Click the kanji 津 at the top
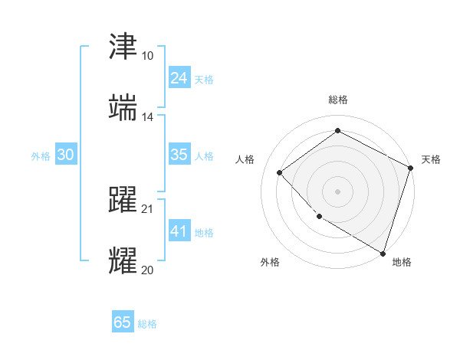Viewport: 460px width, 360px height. point(123,47)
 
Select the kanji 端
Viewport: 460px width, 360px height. point(123,109)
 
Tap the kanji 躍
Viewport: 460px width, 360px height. point(123,200)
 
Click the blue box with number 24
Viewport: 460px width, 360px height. point(179,78)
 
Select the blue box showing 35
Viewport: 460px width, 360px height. point(179,155)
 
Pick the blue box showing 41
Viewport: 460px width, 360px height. point(179,231)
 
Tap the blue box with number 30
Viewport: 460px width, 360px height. point(66,155)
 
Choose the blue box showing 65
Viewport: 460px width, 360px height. point(123,322)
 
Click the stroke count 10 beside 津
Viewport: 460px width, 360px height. point(147,56)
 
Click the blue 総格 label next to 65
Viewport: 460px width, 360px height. point(147,324)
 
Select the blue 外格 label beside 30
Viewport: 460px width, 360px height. point(41,156)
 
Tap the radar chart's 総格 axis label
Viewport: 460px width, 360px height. point(338,100)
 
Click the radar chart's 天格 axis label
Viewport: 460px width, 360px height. point(431,159)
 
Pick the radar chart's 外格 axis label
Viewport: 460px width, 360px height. point(270,262)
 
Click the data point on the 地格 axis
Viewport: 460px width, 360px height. point(383,253)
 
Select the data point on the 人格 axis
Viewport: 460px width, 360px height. point(280,172)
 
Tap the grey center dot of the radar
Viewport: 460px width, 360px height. point(338,191)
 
